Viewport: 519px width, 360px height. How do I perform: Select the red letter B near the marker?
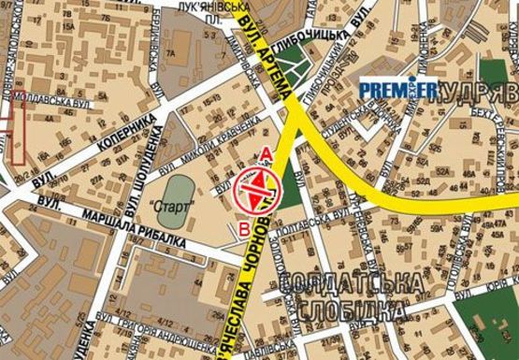click(245, 226)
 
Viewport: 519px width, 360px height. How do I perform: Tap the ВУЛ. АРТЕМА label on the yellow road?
click(274, 55)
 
